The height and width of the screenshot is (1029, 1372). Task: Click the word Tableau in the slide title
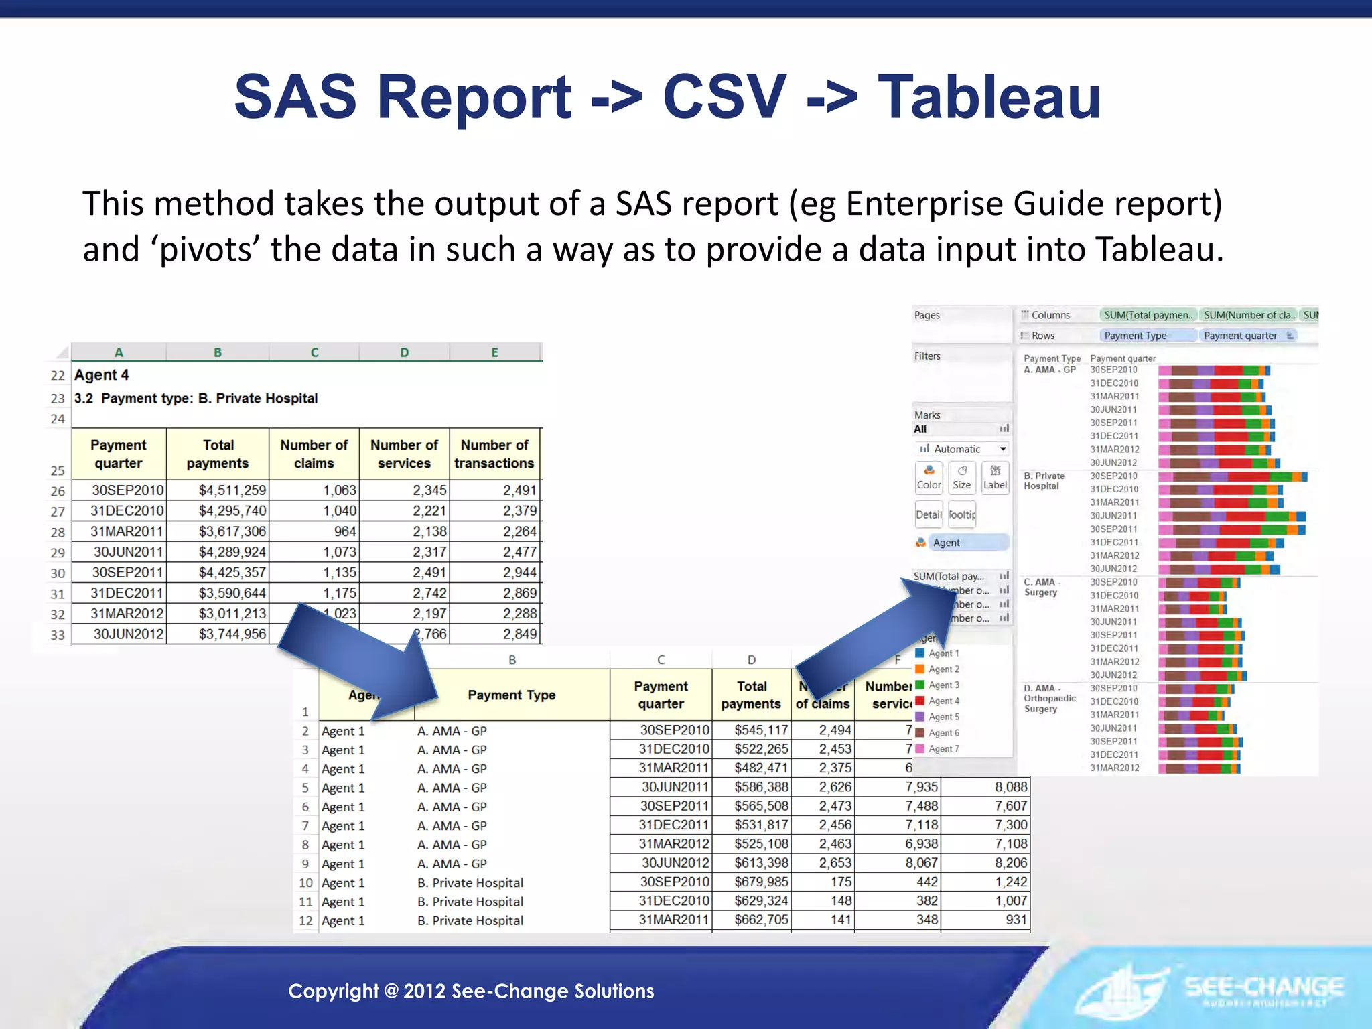[989, 97]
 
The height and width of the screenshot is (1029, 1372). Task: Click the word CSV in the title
[724, 97]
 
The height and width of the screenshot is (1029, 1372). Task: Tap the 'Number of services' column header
[404, 454]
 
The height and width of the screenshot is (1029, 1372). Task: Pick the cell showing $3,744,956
[232, 634]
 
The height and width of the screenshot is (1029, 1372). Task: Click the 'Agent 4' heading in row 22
[101, 375]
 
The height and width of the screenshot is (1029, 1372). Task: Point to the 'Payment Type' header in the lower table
[511, 695]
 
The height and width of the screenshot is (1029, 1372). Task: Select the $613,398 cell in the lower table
[761, 863]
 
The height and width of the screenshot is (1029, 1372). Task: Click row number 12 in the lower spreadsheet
[305, 920]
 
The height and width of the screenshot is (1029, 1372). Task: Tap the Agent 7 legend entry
[943, 749]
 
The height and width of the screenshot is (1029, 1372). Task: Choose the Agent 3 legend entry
[943, 685]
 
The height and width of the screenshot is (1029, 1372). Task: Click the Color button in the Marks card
[929, 478]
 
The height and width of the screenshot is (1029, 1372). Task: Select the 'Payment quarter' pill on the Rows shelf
[1241, 336]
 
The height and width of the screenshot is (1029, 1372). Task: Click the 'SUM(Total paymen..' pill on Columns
[1148, 315]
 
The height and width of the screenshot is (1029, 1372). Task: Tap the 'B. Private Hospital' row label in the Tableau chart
[1044, 481]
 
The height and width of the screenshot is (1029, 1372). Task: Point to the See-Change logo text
[1263, 987]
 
